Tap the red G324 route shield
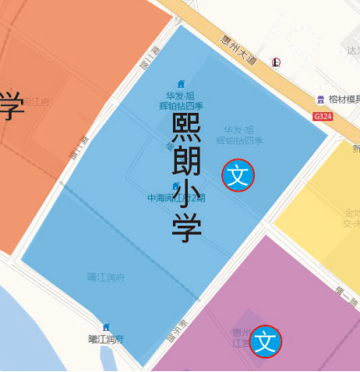tap(322, 116)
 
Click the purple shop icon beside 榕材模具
tap(320, 99)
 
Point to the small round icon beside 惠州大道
tap(276, 62)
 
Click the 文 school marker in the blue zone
tap(238, 175)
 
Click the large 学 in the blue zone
tap(186, 227)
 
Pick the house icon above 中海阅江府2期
tap(175, 186)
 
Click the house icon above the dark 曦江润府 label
tap(106, 326)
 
